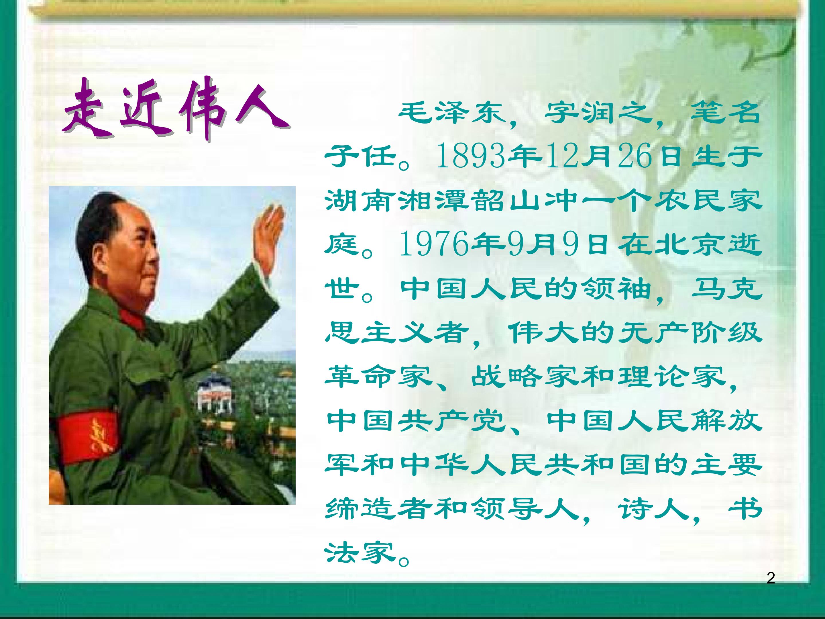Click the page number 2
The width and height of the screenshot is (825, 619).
coord(771,578)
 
